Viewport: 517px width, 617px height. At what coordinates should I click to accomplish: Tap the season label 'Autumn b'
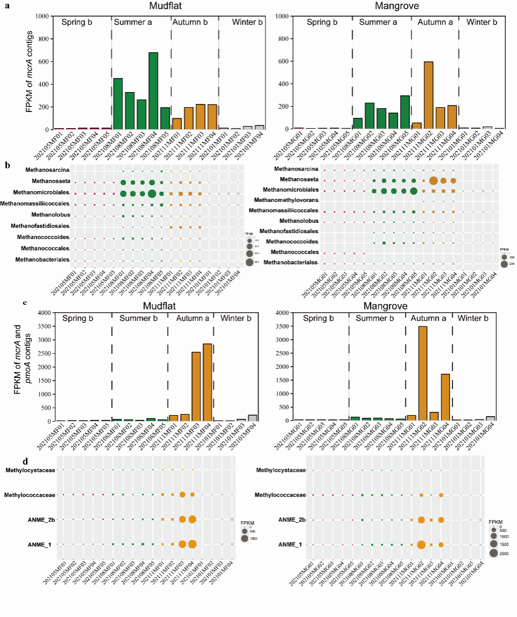194,22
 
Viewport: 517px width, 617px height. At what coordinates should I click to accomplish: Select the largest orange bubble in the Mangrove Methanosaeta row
434,181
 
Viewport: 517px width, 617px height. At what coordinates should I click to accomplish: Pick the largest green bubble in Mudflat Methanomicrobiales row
152,194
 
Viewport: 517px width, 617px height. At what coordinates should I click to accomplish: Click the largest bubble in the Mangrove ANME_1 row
421,544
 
